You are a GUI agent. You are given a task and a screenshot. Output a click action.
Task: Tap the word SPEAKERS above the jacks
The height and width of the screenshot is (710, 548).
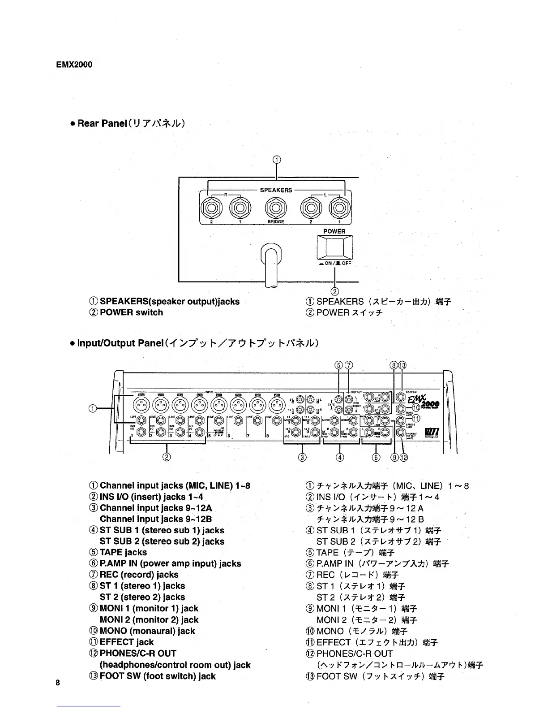[x=276, y=190]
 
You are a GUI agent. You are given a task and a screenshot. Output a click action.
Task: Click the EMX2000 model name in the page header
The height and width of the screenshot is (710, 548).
[x=74, y=65]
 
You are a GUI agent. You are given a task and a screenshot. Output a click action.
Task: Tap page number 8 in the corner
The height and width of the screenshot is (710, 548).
[x=58, y=683]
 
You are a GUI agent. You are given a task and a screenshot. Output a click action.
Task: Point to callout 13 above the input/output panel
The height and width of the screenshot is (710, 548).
[x=402, y=365]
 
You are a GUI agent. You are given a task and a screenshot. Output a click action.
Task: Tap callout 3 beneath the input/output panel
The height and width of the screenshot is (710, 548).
[x=302, y=457]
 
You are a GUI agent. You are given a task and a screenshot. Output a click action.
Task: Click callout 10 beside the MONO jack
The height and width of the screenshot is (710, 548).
[x=416, y=407]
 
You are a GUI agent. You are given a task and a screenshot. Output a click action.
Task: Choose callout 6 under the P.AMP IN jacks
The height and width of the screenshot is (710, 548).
[x=376, y=457]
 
